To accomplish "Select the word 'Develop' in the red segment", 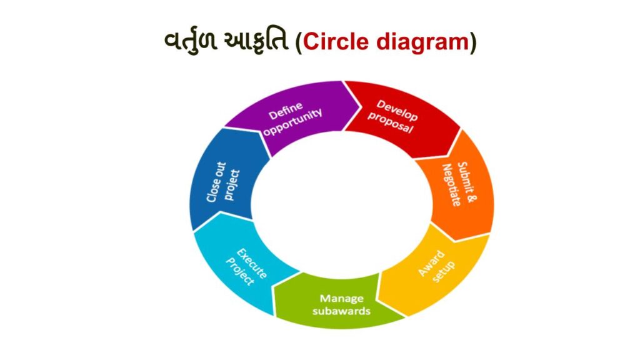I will pyautogui.click(x=397, y=110).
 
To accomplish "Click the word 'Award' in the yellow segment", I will pyautogui.click(x=431, y=262).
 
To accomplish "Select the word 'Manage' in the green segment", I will pyautogui.click(x=341, y=298).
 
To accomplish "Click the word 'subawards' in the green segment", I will pyautogui.click(x=341, y=311).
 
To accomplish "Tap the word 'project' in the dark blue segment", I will pyautogui.click(x=228, y=185).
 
